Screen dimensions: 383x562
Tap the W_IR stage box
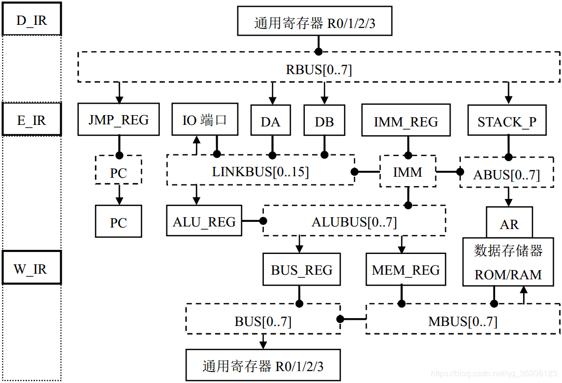click(x=32, y=268)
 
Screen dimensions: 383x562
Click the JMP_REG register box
click(x=118, y=120)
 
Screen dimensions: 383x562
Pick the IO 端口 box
click(x=204, y=120)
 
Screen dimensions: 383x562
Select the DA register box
click(x=270, y=122)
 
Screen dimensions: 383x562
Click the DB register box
click(x=324, y=122)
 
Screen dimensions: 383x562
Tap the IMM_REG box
click(x=406, y=122)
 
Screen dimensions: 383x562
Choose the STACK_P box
click(x=507, y=122)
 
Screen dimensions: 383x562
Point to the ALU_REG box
click(x=204, y=222)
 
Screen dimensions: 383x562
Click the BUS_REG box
click(x=301, y=269)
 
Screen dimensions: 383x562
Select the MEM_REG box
click(x=405, y=269)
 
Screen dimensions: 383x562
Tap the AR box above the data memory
click(x=509, y=224)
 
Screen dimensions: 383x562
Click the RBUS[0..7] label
click(x=319, y=69)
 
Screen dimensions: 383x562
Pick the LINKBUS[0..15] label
click(x=260, y=172)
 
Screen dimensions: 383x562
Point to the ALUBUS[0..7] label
click(x=354, y=222)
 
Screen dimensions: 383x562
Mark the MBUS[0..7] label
click(x=462, y=321)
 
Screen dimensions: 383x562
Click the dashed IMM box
click(x=408, y=172)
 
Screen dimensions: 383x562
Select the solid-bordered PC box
click(x=118, y=222)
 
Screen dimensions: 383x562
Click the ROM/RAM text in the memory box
click(x=508, y=275)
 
